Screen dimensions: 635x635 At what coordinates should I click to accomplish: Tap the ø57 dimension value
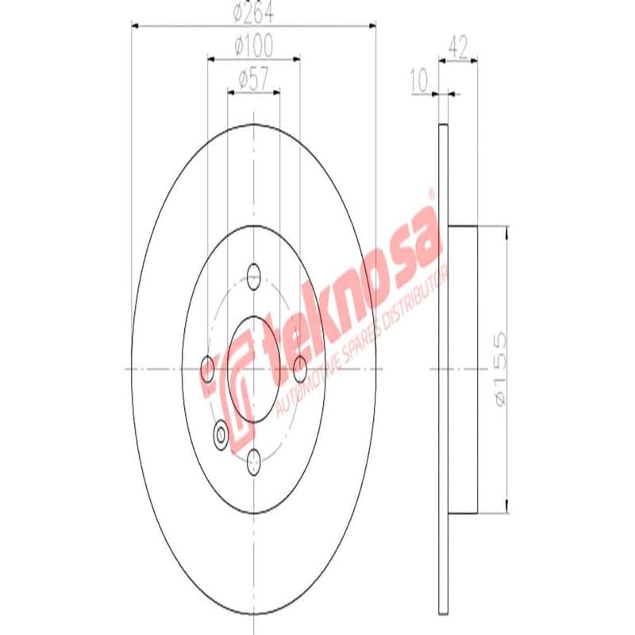[253, 78]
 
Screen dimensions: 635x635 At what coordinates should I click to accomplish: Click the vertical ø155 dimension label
[498, 370]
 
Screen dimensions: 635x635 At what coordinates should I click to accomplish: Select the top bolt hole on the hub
[254, 276]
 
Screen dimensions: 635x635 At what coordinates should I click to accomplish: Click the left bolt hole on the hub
[208, 368]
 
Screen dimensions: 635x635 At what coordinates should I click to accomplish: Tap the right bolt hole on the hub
[300, 368]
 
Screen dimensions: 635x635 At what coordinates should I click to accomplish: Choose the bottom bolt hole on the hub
[254, 460]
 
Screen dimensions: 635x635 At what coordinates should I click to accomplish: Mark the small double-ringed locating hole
[221, 433]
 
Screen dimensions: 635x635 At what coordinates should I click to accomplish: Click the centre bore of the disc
[254, 368]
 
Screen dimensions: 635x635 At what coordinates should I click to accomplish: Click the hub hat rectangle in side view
[464, 370]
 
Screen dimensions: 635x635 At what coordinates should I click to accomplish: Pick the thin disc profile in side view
[444, 370]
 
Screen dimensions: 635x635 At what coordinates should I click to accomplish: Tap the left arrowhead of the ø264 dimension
[136, 26]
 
